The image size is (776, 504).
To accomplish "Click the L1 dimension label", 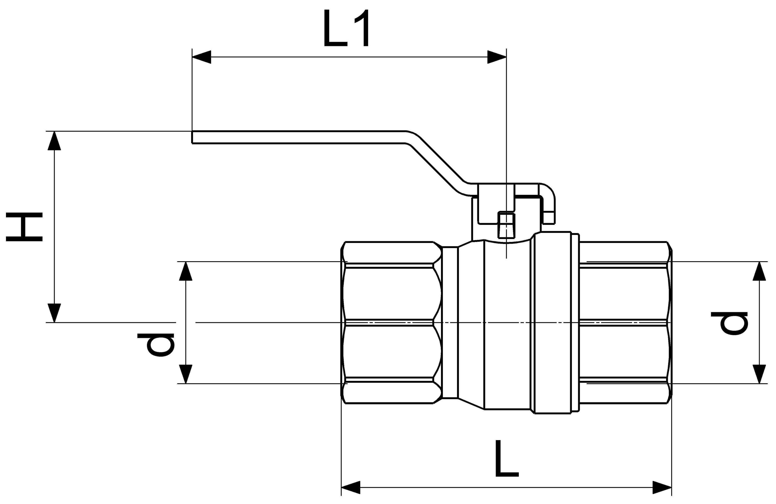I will pyautogui.click(x=346, y=28).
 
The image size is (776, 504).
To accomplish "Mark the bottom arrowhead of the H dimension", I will pyautogui.click(x=55, y=313).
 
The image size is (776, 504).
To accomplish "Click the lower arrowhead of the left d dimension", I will pyautogui.click(x=185, y=374).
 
